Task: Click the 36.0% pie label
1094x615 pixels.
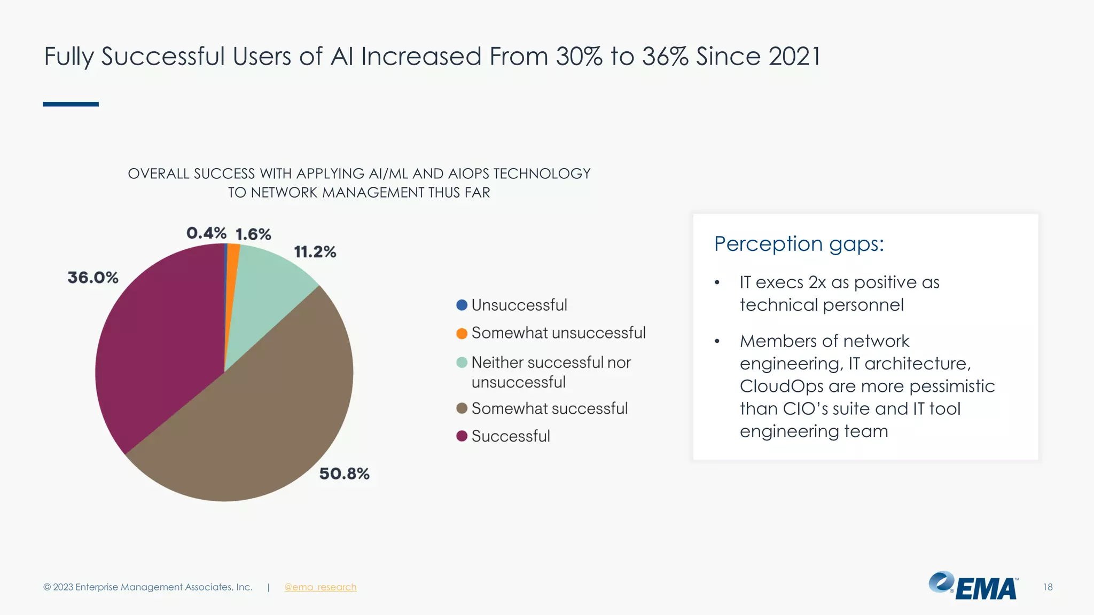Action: coord(93,278)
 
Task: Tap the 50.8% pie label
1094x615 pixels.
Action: coord(344,474)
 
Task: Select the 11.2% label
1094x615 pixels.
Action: coord(315,252)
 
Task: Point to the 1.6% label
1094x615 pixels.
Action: coord(253,234)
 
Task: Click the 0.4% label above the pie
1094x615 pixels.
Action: coord(206,233)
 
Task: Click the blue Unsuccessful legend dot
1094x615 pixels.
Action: coord(462,305)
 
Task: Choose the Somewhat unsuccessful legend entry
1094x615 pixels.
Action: coord(558,333)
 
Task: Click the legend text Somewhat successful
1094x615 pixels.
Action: coord(549,409)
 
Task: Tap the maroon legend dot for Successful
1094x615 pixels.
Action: coord(462,436)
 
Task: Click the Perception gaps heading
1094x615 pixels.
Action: coord(799,244)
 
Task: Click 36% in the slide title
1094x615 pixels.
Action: coord(665,57)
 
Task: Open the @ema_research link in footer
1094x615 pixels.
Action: coord(320,587)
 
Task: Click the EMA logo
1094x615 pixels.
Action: coord(973,586)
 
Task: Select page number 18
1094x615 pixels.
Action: coord(1048,587)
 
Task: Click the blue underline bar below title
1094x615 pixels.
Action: coord(71,104)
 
